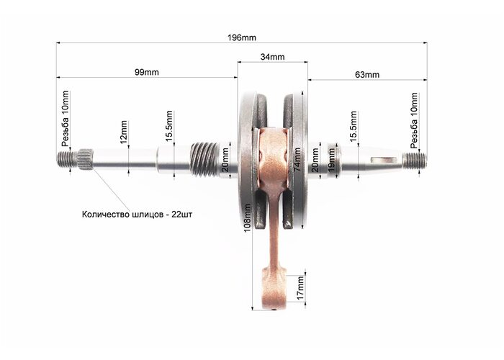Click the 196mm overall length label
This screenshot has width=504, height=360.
242,37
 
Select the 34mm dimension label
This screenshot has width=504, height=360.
272,57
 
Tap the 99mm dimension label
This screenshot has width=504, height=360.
147,72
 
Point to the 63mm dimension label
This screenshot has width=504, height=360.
367,75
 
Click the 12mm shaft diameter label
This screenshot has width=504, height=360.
123,132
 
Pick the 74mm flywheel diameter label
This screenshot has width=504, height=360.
297,159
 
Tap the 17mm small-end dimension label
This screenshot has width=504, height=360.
300,288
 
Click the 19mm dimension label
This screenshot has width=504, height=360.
331,159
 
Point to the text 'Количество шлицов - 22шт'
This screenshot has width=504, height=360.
138,215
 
